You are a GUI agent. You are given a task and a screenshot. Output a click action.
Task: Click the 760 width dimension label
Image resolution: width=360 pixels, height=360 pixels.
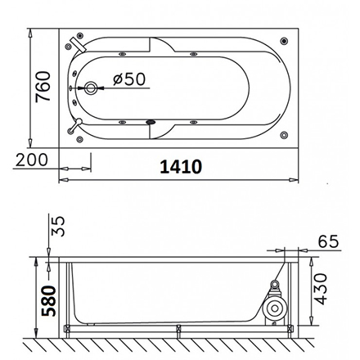click(x=43, y=87)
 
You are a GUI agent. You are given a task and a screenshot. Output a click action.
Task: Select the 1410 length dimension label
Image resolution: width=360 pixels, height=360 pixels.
click(x=181, y=167)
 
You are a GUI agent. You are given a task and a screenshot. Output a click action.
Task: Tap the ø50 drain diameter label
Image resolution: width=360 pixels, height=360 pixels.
click(x=129, y=79)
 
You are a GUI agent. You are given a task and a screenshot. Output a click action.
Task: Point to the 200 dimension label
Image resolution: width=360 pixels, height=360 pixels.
click(x=32, y=160)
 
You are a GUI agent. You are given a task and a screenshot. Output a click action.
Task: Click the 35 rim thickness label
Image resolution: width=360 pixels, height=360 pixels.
click(x=58, y=227)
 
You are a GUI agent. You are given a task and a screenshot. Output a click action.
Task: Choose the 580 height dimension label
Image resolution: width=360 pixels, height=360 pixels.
click(x=48, y=301)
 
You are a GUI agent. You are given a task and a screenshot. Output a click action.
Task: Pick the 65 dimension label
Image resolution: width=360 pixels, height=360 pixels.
click(x=328, y=241)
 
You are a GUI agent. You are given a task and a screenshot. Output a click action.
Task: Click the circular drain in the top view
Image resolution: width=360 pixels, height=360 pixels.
click(x=91, y=88)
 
